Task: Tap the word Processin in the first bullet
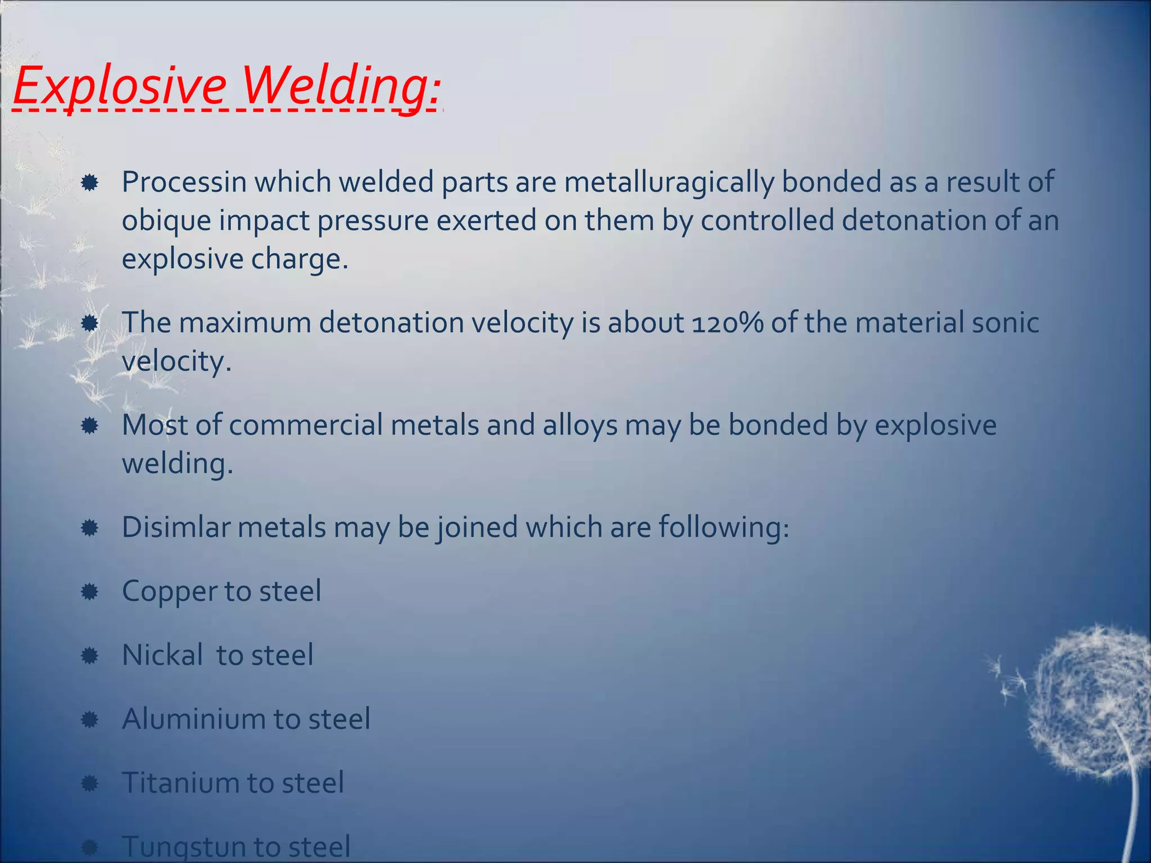pyautogui.click(x=184, y=183)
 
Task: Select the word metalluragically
pyautogui.click(x=669, y=183)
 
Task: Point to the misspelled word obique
pyautogui.click(x=166, y=221)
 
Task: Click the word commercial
pyautogui.click(x=306, y=425)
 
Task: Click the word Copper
pyautogui.click(x=169, y=592)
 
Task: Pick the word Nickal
pyautogui.click(x=162, y=655)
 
